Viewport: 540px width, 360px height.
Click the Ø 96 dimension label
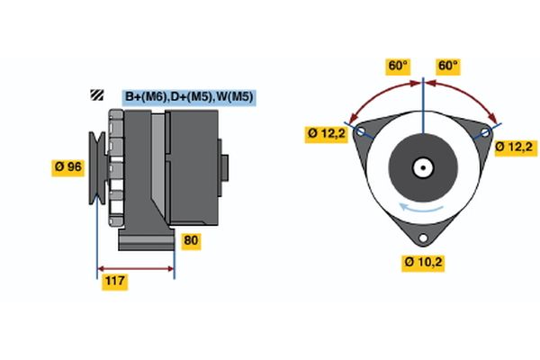[x=69, y=166]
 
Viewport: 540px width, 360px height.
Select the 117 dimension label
[x=114, y=282]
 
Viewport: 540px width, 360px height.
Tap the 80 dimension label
[x=191, y=240]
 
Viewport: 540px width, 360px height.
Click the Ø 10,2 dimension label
[x=424, y=262]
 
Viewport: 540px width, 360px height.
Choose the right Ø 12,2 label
[x=515, y=146]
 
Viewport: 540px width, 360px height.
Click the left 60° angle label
[x=397, y=66]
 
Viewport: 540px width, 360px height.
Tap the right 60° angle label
[x=447, y=66]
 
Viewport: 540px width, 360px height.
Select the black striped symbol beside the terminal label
[x=96, y=95]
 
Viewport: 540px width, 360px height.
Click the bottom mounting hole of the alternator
[x=423, y=238]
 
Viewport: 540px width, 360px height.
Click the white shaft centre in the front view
[x=423, y=166]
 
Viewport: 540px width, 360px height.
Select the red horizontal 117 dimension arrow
[x=135, y=268]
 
